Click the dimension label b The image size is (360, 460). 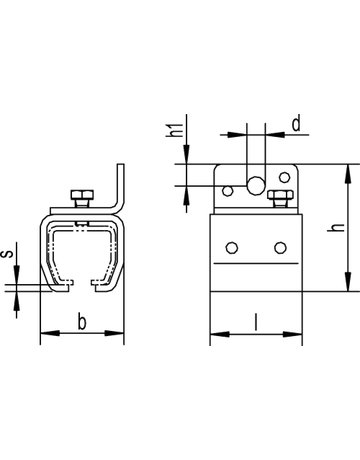[x=82, y=322]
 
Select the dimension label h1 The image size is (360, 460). [x=175, y=130]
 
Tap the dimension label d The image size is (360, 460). [x=296, y=123]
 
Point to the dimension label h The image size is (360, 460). [x=336, y=227]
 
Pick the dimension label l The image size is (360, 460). [x=256, y=322]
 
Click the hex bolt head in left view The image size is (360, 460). [x=82, y=194]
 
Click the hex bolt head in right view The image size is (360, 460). [x=281, y=194]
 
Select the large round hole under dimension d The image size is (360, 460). [x=256, y=185]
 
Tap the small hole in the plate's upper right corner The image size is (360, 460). [x=284, y=177]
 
